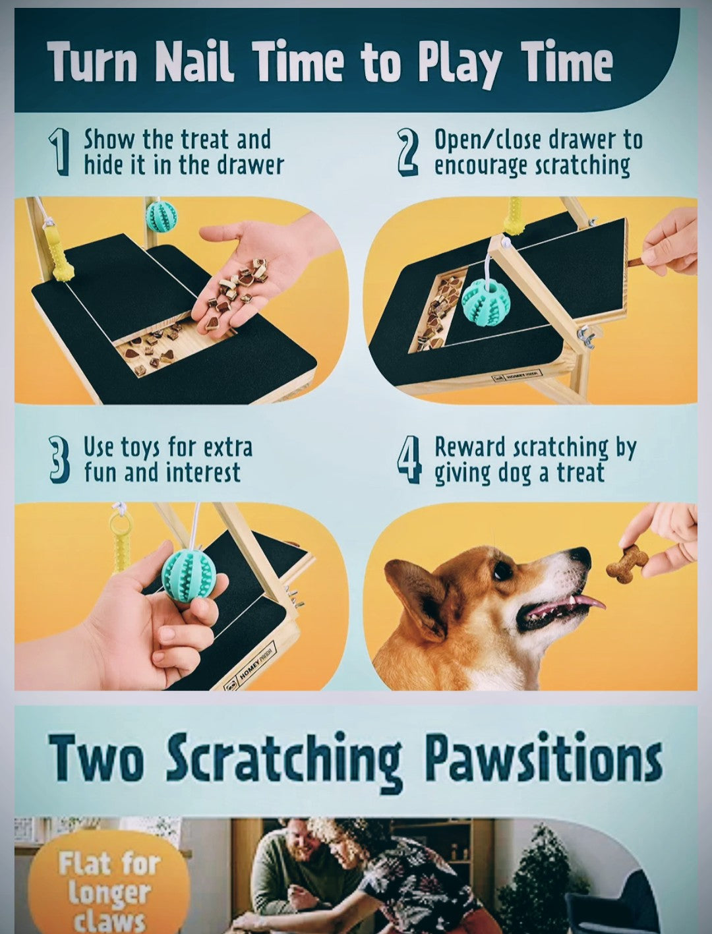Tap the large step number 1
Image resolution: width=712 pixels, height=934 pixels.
60,152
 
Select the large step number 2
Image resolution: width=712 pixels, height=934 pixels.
408,152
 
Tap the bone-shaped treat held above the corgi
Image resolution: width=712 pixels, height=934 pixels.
626,564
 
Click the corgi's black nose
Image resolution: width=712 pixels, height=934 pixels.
581,557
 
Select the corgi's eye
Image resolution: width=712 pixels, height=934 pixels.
502,569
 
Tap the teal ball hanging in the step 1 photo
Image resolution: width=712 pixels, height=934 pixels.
161,217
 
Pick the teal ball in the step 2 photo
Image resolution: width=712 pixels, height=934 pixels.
486,301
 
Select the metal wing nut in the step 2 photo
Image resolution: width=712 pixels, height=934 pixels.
585,337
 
